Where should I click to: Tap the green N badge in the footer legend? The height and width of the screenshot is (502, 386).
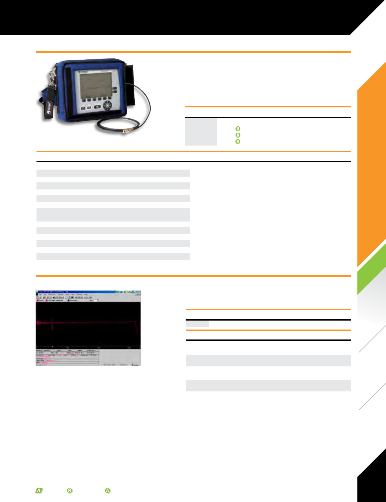coord(39,490)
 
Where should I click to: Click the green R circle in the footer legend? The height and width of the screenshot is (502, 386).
coord(69,490)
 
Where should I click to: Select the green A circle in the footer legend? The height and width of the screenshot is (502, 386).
coord(108,490)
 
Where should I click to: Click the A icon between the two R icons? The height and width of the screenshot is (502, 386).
coord(238,135)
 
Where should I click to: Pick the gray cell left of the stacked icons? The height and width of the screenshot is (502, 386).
coord(201,132)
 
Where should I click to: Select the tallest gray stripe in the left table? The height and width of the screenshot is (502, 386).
coord(113,215)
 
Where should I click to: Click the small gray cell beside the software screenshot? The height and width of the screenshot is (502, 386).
coord(197,324)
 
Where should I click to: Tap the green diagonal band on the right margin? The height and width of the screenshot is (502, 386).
coord(373,269)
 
